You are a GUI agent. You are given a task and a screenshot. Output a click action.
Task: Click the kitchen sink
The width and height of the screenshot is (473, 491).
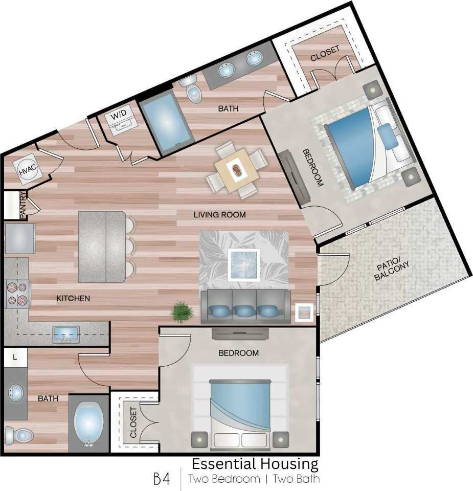click(66, 334)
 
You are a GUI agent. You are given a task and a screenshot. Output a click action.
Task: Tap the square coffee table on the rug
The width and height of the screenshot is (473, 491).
click(243, 264)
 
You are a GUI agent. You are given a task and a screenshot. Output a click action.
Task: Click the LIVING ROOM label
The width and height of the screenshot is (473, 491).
click(219, 215)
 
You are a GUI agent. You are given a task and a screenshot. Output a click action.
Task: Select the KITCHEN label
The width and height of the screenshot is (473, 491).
click(73, 298)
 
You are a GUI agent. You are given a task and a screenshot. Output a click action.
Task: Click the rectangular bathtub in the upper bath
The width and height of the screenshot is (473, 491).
click(166, 120)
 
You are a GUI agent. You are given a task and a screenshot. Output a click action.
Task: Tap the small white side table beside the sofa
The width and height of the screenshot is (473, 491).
click(304, 312)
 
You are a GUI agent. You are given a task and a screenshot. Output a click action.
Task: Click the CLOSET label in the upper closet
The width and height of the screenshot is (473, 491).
click(325, 53)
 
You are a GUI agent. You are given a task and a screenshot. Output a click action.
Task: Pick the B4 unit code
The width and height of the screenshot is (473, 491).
click(162, 479)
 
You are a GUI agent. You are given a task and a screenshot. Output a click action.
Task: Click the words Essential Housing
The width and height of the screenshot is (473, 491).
click(255, 464)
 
